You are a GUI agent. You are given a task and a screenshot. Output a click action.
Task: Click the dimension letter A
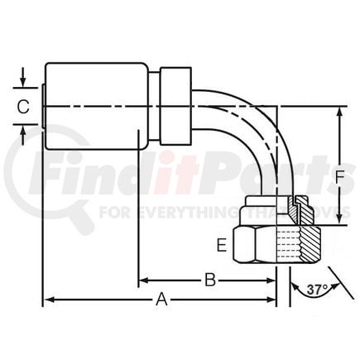click(161, 300)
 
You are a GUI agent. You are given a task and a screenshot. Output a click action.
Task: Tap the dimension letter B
click(210, 280)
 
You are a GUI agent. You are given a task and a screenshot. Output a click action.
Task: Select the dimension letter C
click(24, 107)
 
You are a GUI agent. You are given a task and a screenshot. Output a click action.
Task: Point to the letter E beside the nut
click(222, 245)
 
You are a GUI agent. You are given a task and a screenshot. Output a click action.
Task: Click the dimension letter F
click(339, 177)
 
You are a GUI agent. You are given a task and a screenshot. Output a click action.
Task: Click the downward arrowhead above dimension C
click(23, 82)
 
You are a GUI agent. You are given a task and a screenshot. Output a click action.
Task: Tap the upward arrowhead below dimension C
click(23, 130)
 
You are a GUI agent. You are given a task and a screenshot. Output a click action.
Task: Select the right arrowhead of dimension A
click(271, 300)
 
